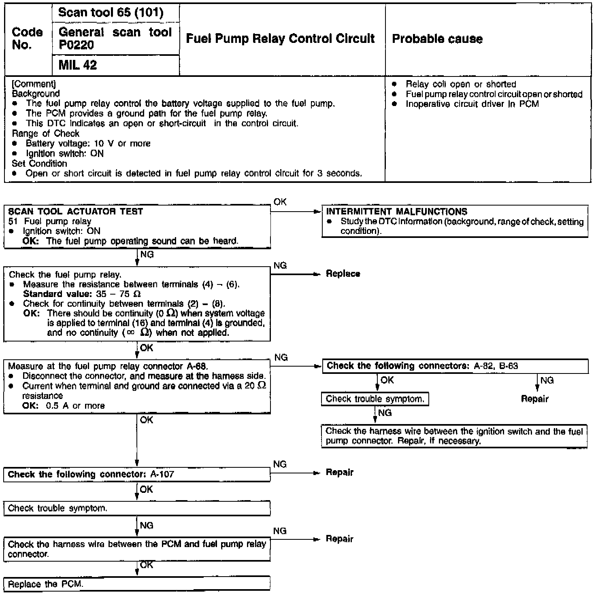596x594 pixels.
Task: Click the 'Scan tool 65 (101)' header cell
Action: coord(111,13)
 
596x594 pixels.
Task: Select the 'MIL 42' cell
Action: coord(78,65)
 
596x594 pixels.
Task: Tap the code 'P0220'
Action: coord(76,45)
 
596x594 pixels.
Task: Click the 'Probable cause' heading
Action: coord(437,39)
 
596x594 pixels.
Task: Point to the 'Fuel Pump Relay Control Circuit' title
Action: coord(280,38)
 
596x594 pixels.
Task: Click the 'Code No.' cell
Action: coord(27,38)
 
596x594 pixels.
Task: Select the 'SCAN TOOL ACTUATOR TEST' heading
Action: coord(76,211)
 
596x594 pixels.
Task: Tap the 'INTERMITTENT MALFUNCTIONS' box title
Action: coord(396,212)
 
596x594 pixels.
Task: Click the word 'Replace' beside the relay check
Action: coord(343,274)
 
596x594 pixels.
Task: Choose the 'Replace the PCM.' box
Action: coord(45,584)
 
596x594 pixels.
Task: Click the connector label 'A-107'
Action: coord(162,474)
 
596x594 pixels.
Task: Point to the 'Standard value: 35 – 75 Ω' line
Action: coord(82,294)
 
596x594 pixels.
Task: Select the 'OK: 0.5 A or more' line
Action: coord(64,406)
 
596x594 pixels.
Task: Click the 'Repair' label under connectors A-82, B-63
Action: coord(534,399)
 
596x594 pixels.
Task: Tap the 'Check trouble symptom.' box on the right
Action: coord(375,399)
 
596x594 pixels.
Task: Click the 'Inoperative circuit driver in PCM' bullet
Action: coord(472,104)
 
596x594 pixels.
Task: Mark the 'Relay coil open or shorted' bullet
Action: coord(461,84)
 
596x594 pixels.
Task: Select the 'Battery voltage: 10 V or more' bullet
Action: coord(88,144)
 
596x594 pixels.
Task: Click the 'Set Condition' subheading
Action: coord(39,163)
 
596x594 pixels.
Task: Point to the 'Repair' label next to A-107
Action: coord(339,472)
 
